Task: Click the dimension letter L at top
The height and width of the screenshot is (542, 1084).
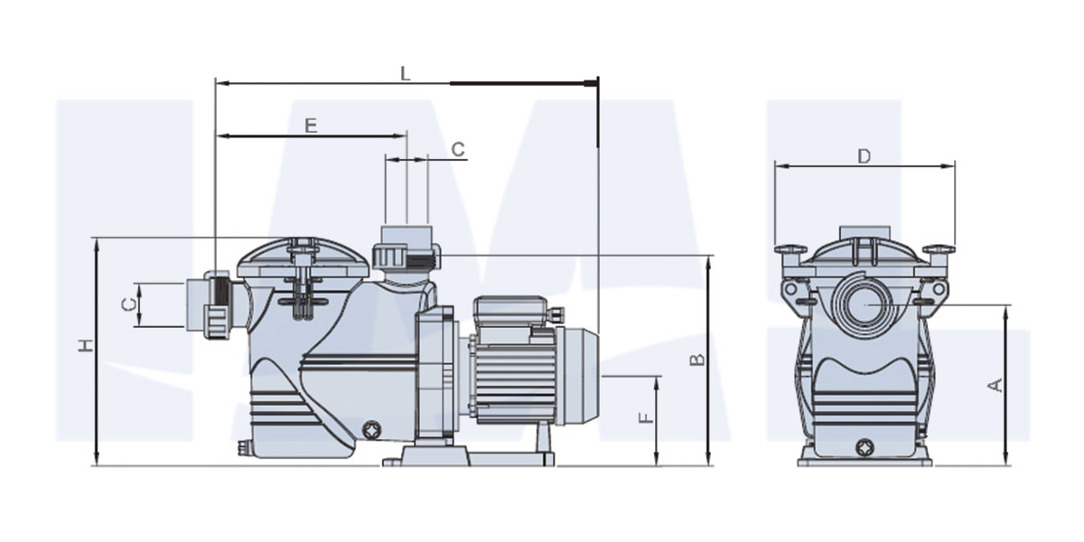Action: point(406,73)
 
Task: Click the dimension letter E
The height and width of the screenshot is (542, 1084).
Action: point(311,126)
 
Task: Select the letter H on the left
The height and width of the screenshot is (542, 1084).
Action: point(86,345)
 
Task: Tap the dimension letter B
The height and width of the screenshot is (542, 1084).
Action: point(696,360)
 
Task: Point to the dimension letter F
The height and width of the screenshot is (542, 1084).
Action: point(646,418)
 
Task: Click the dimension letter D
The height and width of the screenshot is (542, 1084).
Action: point(864,156)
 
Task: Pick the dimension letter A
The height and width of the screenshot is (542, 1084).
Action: point(995,386)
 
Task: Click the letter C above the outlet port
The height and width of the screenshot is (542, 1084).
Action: point(458,150)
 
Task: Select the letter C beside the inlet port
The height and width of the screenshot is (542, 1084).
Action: point(127,305)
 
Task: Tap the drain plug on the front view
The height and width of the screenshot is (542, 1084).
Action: point(864,447)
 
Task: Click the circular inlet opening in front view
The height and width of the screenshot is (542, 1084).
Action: point(864,305)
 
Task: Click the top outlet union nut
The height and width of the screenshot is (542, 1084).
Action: point(406,256)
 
